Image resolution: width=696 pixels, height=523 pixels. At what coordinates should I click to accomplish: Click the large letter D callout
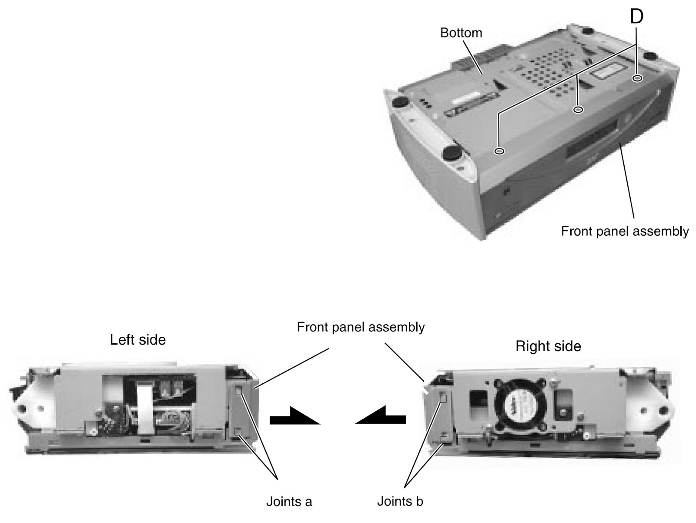636,17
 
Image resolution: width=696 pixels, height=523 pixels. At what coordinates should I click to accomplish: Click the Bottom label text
461,33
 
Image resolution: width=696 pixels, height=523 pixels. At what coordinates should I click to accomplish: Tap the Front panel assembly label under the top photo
625,231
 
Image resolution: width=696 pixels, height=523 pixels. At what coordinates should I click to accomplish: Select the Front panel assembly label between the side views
361,327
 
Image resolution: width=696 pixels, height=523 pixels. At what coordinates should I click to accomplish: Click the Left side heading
137,340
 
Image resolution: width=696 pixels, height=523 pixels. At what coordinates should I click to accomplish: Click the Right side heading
548,346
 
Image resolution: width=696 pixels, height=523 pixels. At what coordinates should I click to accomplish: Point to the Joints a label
289,502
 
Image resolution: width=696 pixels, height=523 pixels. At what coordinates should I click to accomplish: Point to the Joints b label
400,501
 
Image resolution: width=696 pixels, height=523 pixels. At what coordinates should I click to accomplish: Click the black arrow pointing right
294,417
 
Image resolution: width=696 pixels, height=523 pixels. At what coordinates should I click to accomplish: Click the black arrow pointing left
381,416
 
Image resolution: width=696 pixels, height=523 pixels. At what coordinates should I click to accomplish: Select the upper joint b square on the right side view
443,397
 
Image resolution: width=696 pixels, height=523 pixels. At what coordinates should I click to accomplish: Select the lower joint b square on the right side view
443,439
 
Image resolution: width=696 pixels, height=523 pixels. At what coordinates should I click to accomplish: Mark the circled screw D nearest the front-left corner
500,151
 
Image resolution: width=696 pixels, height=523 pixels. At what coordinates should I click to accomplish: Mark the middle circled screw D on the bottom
578,110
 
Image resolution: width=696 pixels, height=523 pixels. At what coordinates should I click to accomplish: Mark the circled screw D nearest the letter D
638,78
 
